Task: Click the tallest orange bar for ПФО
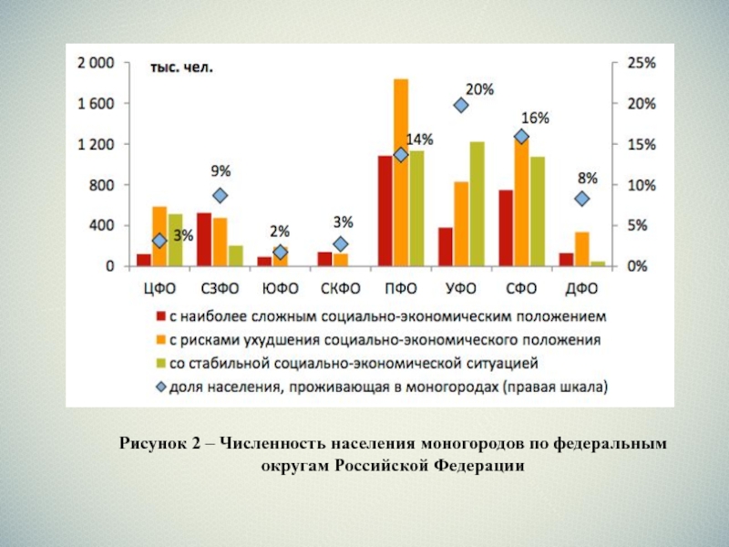[x=401, y=173]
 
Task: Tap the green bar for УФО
[x=477, y=204]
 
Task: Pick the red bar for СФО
[x=505, y=228]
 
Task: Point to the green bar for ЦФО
[x=175, y=241]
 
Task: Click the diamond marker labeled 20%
[x=461, y=106]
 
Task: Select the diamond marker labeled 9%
[x=220, y=195]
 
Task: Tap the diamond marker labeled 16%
[x=521, y=137]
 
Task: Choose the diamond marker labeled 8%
[x=582, y=199]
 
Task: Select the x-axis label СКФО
[x=341, y=289]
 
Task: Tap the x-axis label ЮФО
[x=281, y=289]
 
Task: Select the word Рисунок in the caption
[x=150, y=444]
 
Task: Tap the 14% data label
[x=419, y=139]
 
